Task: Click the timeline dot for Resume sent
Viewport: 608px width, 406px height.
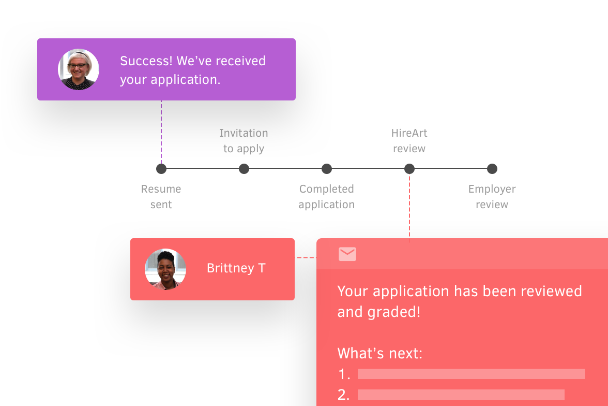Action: coord(161,169)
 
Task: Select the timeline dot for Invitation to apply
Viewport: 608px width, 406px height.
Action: coord(244,169)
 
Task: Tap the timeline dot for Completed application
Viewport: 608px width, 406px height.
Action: coord(327,169)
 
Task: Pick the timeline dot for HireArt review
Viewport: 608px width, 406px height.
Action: coord(409,169)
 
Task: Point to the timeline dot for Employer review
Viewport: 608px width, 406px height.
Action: coord(492,169)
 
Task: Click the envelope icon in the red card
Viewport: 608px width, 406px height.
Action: coord(347,254)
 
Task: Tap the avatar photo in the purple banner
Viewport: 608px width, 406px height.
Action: coord(79,69)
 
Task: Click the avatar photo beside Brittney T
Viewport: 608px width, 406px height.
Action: coord(165,269)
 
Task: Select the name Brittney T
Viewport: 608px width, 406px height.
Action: coord(236,268)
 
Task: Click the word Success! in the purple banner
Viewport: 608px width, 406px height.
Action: coord(146,61)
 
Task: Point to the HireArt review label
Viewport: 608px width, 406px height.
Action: coord(409,141)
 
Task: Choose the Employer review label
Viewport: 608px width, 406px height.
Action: coord(492,197)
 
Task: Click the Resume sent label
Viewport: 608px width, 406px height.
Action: coord(161,197)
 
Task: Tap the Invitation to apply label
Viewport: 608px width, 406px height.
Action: coord(244,141)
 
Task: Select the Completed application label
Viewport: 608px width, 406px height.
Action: coord(327,197)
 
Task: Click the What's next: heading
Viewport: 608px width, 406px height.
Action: coord(380,354)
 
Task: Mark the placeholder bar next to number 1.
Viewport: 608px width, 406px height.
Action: coord(472,374)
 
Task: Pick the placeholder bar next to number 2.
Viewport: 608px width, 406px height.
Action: coord(461,394)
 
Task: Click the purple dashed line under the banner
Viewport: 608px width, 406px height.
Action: coord(161,132)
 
